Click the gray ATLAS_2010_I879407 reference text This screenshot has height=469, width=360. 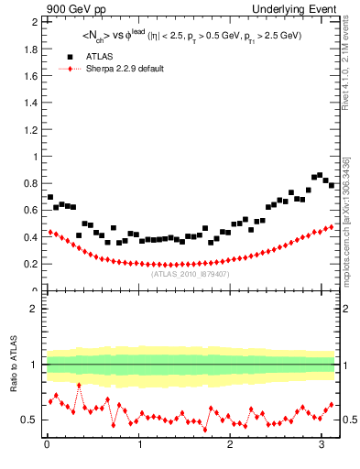coord(190,273)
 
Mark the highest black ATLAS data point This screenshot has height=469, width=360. coord(320,174)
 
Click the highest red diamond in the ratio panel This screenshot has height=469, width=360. coord(79,386)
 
